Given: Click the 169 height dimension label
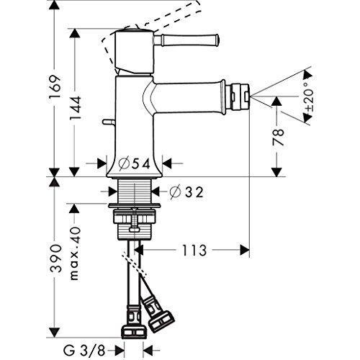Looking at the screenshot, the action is [x=55, y=87].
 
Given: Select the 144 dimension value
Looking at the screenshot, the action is [x=76, y=109].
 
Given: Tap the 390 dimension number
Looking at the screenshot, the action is [x=55, y=258].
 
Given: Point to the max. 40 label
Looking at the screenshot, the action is [x=75, y=253].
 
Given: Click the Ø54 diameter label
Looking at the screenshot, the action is [x=135, y=164].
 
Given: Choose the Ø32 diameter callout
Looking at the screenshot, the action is [x=186, y=192].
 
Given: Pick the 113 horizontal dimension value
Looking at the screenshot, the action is [x=194, y=251].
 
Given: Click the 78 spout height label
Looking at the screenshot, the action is [x=278, y=138].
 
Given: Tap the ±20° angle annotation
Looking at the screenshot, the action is [x=309, y=96].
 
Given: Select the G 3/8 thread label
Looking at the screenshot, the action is [x=84, y=351].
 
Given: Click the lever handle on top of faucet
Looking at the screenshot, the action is [x=186, y=40].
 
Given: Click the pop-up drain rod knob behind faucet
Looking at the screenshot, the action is [x=109, y=122].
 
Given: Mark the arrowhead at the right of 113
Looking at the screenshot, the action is [x=245, y=250].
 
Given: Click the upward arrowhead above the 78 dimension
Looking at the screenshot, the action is [x=276, y=101].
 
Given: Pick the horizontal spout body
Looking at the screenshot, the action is [x=189, y=97].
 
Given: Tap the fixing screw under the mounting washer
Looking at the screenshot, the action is [x=135, y=220].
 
